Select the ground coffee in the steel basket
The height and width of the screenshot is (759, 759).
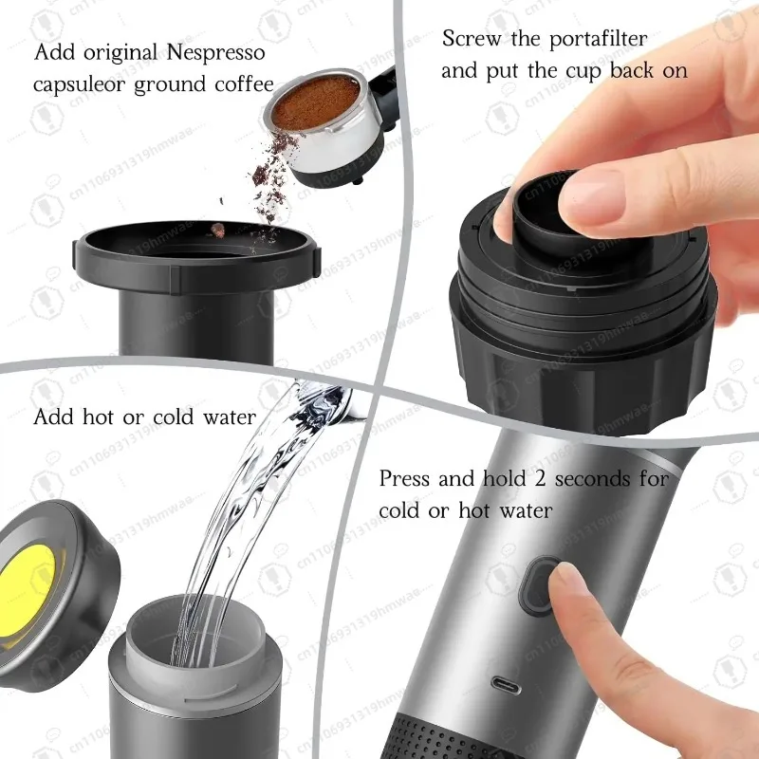coord(316,100)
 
